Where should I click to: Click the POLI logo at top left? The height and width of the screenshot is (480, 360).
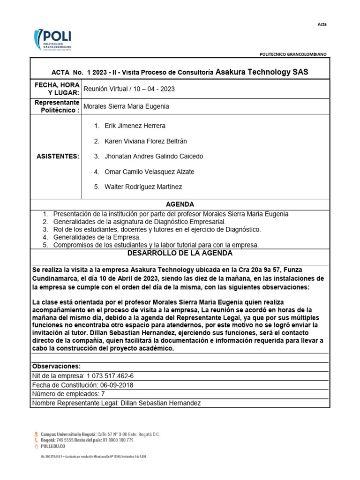[52, 41]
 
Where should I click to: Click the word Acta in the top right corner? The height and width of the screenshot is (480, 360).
[322, 24]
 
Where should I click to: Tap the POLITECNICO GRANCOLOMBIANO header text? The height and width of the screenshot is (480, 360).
[293, 54]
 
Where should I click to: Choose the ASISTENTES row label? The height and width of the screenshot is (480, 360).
[58, 156]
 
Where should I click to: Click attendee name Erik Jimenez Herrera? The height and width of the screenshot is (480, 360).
[135, 126]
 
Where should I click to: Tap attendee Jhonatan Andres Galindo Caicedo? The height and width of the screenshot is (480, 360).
[154, 157]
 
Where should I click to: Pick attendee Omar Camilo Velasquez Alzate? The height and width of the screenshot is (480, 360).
[149, 172]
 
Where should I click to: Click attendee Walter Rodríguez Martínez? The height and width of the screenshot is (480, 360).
[143, 187]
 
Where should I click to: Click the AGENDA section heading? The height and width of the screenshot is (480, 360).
[180, 204]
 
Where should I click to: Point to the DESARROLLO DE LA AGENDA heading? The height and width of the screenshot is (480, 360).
[180, 253]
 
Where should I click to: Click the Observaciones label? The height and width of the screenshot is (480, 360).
[56, 366]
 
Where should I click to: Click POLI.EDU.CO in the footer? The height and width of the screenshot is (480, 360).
[53, 446]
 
